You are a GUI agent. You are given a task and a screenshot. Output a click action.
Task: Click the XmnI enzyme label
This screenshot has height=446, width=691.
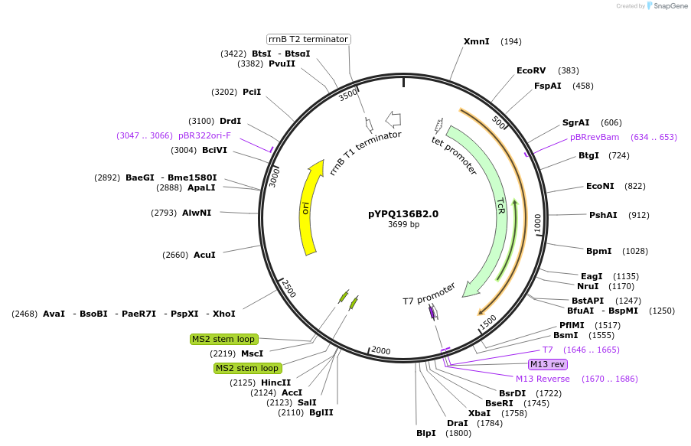[476, 41]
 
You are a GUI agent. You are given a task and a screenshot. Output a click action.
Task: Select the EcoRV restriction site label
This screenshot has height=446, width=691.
[531, 70]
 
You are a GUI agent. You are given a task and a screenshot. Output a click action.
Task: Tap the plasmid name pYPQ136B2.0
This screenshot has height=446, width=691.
[403, 214]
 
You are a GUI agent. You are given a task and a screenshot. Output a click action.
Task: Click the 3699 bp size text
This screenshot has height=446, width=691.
[403, 225]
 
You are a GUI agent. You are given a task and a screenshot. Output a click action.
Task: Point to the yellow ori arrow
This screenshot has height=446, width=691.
[308, 207]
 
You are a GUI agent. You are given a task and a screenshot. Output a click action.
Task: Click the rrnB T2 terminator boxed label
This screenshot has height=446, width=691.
[308, 39]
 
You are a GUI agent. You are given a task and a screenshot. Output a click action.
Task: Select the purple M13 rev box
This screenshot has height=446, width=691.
[547, 364]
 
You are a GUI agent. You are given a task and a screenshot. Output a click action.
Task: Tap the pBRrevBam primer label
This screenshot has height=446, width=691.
[595, 138]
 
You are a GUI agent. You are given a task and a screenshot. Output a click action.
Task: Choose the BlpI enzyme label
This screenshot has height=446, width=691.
[426, 433]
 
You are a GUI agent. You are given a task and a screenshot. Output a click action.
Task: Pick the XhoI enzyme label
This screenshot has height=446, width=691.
[224, 314]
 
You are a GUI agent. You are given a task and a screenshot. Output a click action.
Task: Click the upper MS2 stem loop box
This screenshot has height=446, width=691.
[224, 339]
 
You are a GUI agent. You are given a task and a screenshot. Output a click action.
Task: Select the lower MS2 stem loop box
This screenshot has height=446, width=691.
[247, 368]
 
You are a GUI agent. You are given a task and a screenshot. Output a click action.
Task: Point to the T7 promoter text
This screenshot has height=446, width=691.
[429, 293]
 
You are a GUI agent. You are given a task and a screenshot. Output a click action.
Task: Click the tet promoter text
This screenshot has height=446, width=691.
[455, 156]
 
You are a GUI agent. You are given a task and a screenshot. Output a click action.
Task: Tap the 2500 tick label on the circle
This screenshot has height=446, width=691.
[288, 289]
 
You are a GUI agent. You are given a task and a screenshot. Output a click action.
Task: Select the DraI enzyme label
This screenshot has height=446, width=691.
[457, 423]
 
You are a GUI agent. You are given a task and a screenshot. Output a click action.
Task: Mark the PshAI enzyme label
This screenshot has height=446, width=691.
[603, 215]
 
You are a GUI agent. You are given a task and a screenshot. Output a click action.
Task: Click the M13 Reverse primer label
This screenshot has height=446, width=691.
[543, 379]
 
